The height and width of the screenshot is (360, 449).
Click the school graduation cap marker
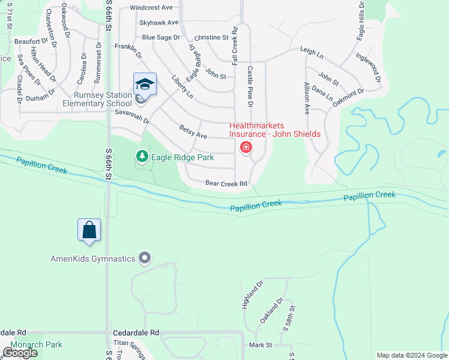[x=144, y=85]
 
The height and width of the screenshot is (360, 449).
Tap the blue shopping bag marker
[x=89, y=230]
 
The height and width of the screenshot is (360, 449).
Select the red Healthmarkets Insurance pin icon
[x=246, y=147]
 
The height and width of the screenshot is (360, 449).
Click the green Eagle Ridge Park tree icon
[x=142, y=157]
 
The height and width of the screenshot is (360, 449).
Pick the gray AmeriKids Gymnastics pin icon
[x=144, y=258]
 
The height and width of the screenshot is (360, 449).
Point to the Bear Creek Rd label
[x=226, y=183]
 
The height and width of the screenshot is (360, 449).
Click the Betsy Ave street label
[x=193, y=131]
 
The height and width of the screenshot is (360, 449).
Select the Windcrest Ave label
[x=151, y=7]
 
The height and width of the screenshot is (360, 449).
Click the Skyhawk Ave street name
[x=159, y=22]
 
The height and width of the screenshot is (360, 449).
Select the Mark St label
[x=261, y=345]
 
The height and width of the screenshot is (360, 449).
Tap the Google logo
[x=19, y=353]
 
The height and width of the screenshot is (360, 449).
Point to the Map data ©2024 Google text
[x=412, y=355]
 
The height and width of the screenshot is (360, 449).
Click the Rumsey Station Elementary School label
[x=98, y=99]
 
